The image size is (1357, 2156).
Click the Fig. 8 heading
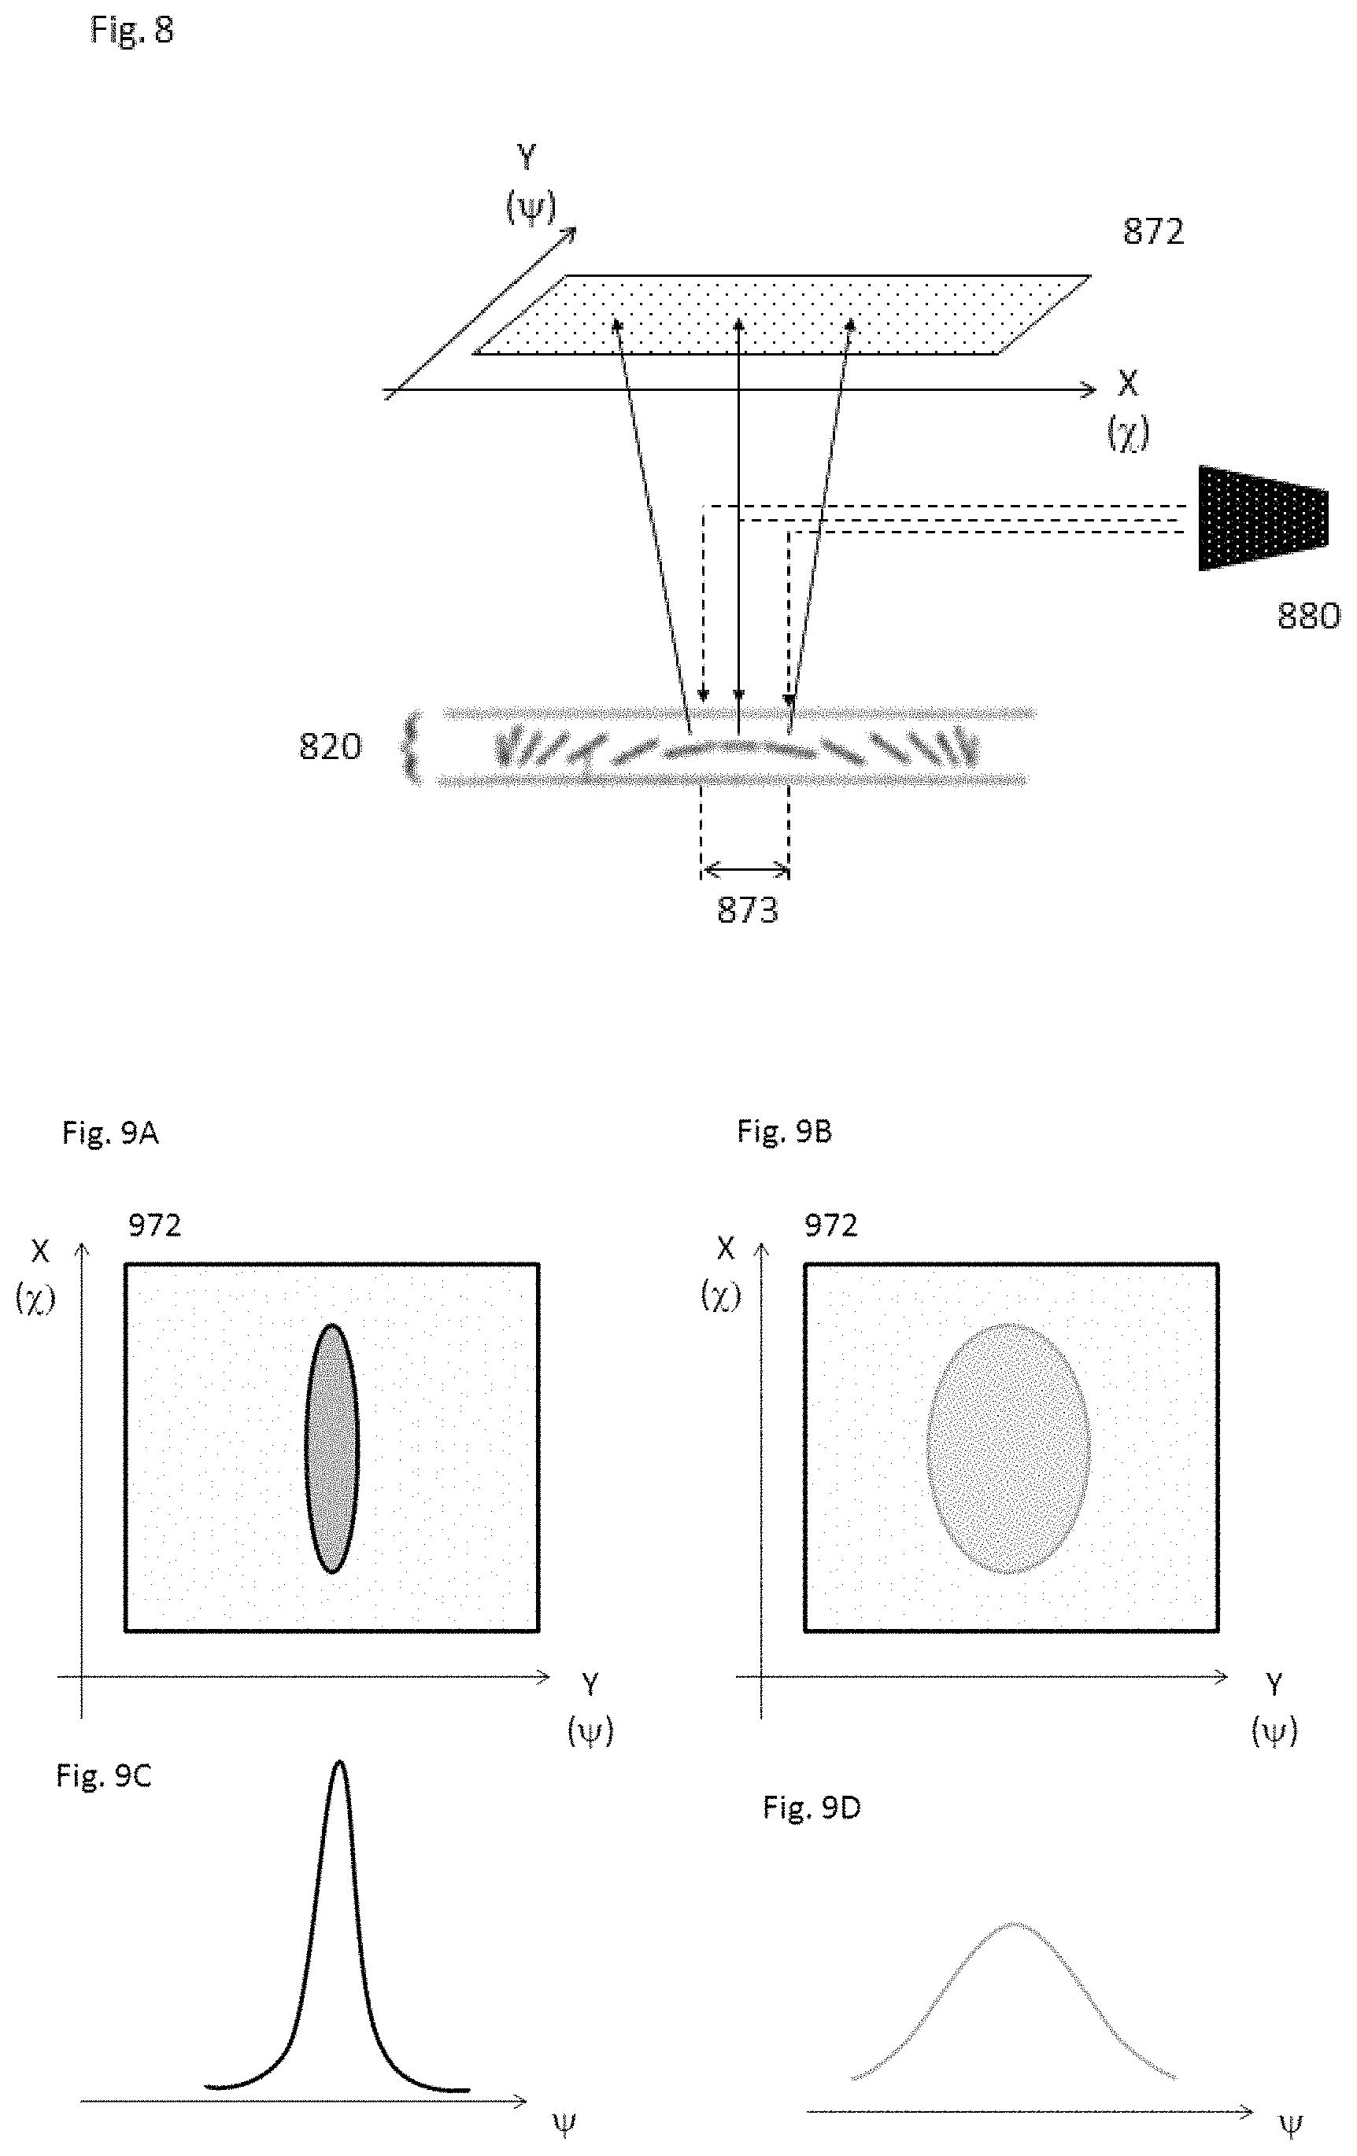tap(131, 31)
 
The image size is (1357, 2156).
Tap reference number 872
tap(1153, 232)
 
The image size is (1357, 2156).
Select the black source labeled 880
tap(1262, 518)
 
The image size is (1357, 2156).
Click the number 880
tap(1307, 616)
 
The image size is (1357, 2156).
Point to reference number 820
tap(331, 746)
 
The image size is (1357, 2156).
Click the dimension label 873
tap(747, 910)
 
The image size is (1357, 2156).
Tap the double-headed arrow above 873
tap(745, 868)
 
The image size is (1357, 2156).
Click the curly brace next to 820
tap(411, 746)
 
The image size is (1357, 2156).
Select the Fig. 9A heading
tap(110, 1133)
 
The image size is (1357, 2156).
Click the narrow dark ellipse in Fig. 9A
tap(331, 1448)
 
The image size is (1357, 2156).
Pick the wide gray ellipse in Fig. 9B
tap(1008, 1448)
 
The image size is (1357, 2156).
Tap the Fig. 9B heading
tap(785, 1131)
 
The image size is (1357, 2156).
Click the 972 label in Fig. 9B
tap(830, 1224)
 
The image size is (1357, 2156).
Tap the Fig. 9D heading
tap(812, 1808)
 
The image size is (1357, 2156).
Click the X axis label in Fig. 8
tap(1128, 383)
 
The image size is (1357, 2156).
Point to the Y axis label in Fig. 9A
tap(590, 1684)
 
